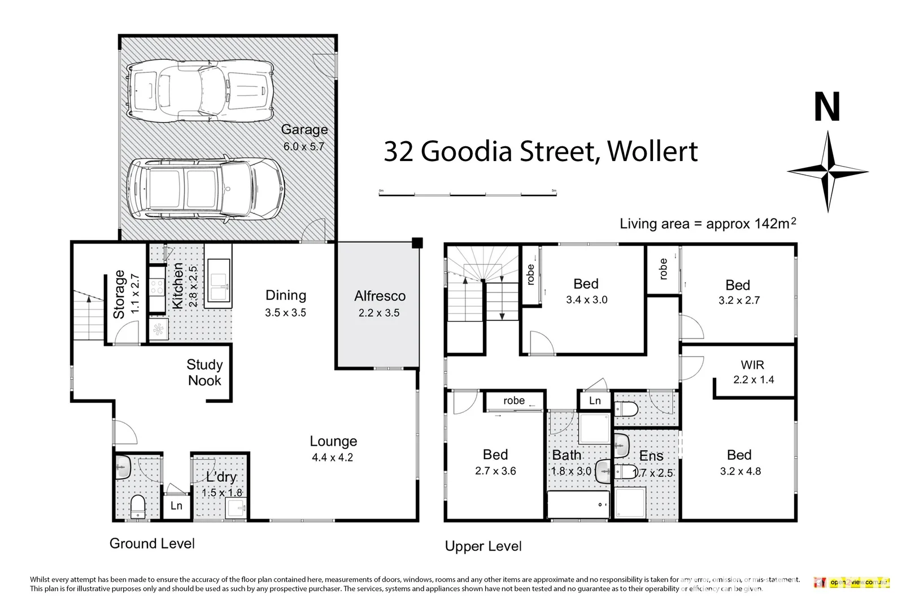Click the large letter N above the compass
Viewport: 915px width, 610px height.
[827, 108]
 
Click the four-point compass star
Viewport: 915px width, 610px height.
[827, 171]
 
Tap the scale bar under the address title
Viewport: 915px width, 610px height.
[468, 194]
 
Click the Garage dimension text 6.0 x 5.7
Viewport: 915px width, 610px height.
[304, 146]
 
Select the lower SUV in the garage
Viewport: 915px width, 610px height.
[204, 188]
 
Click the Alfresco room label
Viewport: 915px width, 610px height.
[380, 296]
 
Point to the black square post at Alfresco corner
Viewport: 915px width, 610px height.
[417, 243]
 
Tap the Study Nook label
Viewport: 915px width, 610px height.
[204, 373]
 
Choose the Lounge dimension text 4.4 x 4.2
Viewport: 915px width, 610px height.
[332, 458]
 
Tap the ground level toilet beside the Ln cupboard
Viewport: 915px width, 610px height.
[137, 506]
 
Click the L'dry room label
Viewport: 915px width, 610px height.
[221, 477]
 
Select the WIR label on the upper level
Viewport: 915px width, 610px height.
[752, 365]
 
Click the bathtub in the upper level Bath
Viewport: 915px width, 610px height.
[578, 504]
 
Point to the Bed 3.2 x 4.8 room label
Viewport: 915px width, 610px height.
[739, 455]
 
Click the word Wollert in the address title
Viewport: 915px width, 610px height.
[652, 151]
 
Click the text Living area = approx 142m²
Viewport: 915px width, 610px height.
[708, 224]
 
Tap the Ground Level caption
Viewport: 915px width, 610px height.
[152, 543]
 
